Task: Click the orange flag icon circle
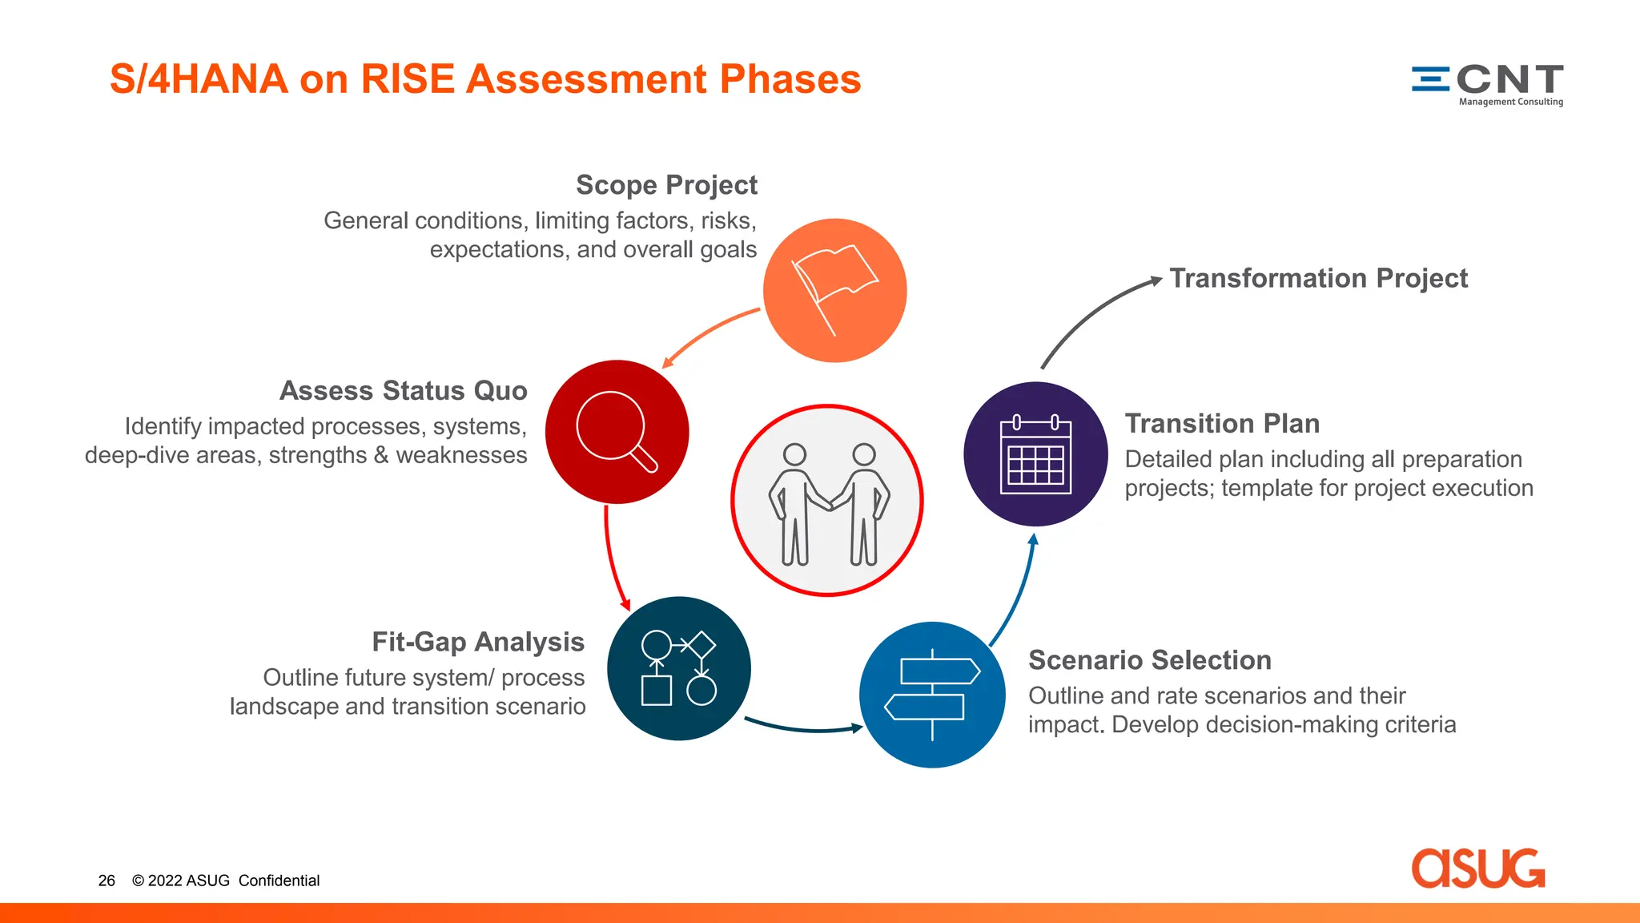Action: [x=834, y=290]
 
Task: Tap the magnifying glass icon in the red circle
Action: [x=615, y=430]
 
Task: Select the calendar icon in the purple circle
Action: [x=1035, y=454]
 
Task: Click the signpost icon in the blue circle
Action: [x=932, y=694]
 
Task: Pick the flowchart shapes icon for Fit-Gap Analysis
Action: [x=678, y=668]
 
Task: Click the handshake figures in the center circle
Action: [x=827, y=502]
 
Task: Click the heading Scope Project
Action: [x=666, y=185]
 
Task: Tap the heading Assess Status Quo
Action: [x=403, y=391]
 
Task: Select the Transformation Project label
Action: [x=1318, y=278]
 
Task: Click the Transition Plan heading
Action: [x=1222, y=423]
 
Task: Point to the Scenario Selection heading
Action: [x=1149, y=660]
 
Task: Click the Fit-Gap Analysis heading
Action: [x=478, y=642]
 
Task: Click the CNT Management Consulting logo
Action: [x=1487, y=84]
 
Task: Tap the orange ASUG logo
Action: [x=1477, y=869]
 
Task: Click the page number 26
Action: [x=107, y=881]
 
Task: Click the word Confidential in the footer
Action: [x=279, y=881]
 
